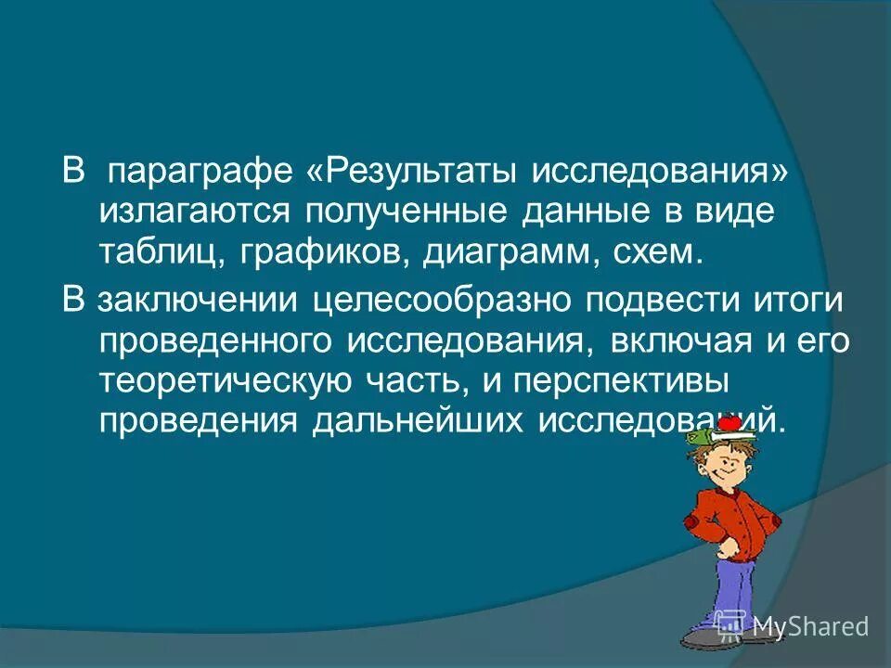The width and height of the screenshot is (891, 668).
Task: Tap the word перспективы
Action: (x=660, y=379)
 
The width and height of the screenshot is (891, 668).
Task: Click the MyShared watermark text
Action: (x=810, y=626)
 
